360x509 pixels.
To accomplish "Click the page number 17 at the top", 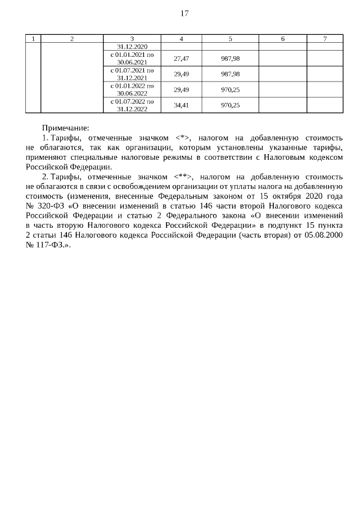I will pos(184,13).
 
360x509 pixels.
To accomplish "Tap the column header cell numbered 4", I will pos(181,39).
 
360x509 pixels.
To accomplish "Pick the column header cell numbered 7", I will pos(325,39).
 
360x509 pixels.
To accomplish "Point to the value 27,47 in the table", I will pos(181,58).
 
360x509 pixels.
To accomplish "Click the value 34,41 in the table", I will pos(181,105).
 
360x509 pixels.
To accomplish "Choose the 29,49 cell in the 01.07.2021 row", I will pos(181,74).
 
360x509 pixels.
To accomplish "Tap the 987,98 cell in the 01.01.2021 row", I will pos(230,58).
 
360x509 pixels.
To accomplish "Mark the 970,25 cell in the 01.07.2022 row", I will pos(230,105).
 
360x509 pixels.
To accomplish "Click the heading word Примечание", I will pos(66,128).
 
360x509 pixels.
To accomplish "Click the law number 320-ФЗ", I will pos(52,206).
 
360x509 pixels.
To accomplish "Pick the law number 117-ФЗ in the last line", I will pos(52,245).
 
